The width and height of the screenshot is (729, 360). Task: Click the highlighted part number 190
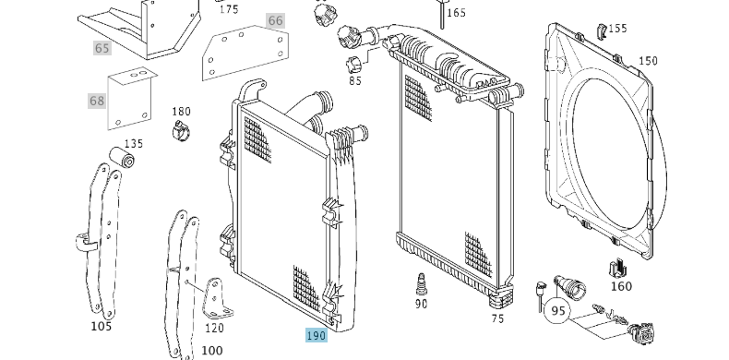click(x=317, y=335)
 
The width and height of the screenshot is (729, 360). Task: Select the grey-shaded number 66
click(x=275, y=20)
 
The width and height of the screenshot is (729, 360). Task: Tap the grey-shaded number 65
click(x=102, y=48)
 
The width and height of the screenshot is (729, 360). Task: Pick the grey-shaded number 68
click(x=97, y=101)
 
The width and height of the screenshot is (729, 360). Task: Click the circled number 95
click(x=557, y=311)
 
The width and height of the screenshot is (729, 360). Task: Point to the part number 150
click(x=648, y=61)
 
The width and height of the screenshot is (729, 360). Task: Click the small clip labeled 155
click(x=601, y=30)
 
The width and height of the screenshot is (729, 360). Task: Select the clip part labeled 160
click(x=618, y=269)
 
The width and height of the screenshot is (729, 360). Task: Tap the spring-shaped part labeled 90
click(x=421, y=284)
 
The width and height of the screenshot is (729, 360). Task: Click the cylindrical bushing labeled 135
click(x=122, y=157)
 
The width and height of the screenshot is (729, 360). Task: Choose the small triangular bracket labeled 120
click(x=216, y=298)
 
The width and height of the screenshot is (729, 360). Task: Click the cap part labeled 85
click(x=354, y=66)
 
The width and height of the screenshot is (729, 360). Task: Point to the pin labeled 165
click(x=442, y=14)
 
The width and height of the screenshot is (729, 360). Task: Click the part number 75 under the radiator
click(x=497, y=319)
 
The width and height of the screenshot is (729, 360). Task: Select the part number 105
click(x=101, y=327)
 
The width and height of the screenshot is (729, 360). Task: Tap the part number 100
click(x=211, y=350)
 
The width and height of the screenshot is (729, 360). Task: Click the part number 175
click(x=229, y=9)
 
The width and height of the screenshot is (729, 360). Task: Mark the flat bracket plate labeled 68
click(x=131, y=99)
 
